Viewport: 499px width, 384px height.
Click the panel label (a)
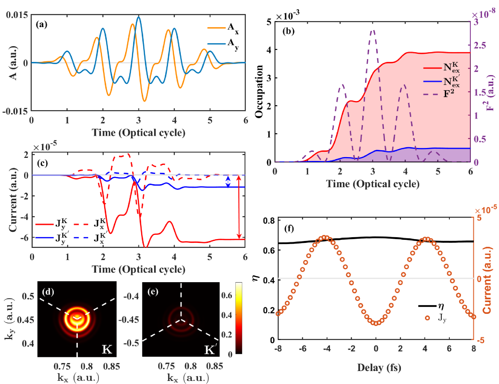[x=42, y=25]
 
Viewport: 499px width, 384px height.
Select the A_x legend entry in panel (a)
[x=223, y=28]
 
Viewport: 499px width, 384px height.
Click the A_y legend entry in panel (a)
[x=223, y=43]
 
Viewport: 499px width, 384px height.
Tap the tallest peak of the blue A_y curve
[x=138, y=17]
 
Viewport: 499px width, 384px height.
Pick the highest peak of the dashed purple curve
[x=373, y=31]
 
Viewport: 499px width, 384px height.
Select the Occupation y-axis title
[x=259, y=92]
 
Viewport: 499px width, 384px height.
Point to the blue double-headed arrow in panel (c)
[x=228, y=181]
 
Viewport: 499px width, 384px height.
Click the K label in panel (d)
[x=107, y=349]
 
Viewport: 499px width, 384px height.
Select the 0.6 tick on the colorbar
[x=227, y=296]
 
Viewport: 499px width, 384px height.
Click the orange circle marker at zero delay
[x=376, y=323]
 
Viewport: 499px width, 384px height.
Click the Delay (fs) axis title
[x=379, y=368]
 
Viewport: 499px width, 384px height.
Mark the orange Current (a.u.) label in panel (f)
[x=487, y=280]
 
